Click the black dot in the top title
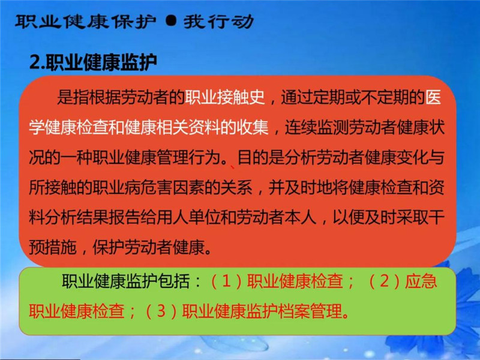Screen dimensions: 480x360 [x=171, y=21]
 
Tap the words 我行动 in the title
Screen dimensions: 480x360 [x=218, y=22]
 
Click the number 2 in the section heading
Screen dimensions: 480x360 [x=35, y=62]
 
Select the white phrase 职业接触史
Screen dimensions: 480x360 [x=224, y=97]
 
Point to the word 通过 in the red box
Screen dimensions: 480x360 [x=297, y=97]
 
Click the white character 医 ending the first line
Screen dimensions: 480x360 [x=433, y=97]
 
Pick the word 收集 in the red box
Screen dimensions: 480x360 [x=253, y=127]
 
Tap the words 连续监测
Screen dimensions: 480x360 [x=317, y=127]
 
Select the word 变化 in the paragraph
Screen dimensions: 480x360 [x=412, y=157]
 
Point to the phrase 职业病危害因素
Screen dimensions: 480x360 [x=148, y=187]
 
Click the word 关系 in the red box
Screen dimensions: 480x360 [x=236, y=187]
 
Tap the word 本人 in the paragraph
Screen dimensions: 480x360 [x=301, y=217]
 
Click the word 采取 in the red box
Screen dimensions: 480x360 [x=412, y=217]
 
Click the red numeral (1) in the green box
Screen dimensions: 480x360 [x=226, y=281]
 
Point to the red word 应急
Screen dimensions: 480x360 [x=421, y=281]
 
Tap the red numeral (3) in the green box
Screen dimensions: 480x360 [x=161, y=311]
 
